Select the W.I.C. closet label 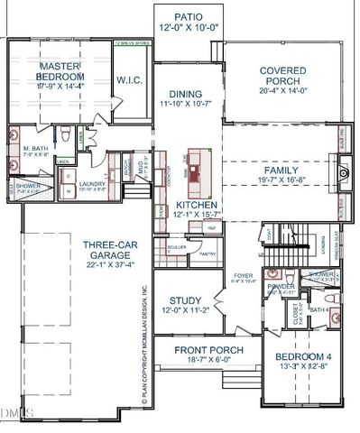(127, 80)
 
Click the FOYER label (243, 276)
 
